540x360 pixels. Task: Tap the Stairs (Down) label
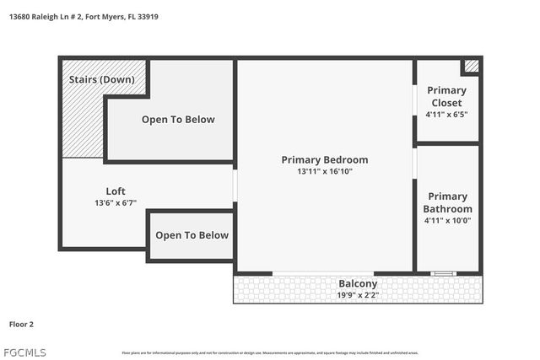point(101,79)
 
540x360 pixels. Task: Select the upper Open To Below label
point(178,120)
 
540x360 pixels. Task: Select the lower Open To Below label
point(192,235)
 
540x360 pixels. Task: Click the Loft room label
point(116,191)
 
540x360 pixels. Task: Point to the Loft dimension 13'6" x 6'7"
point(116,203)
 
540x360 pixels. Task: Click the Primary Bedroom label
point(324,160)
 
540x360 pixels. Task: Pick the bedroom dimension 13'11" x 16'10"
point(324,172)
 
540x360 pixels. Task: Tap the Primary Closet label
point(446,97)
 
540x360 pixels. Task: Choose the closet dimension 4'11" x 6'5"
point(446,115)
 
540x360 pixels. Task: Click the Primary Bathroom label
point(447,202)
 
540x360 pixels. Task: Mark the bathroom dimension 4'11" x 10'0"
point(447,220)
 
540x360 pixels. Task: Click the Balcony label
point(358,284)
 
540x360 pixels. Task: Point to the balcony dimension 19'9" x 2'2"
point(358,295)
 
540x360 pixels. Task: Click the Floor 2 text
point(21,323)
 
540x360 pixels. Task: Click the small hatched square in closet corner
point(472,65)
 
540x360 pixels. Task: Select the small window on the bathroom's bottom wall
point(443,273)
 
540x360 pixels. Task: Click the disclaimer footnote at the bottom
point(270,352)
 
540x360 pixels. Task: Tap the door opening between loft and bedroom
point(235,185)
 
